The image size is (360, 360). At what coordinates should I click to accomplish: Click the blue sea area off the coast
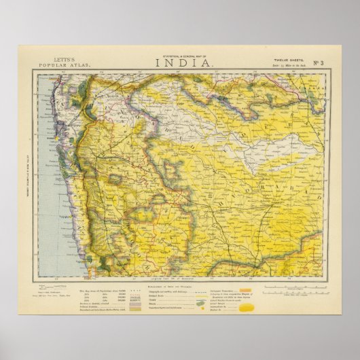click(x=54, y=204)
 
